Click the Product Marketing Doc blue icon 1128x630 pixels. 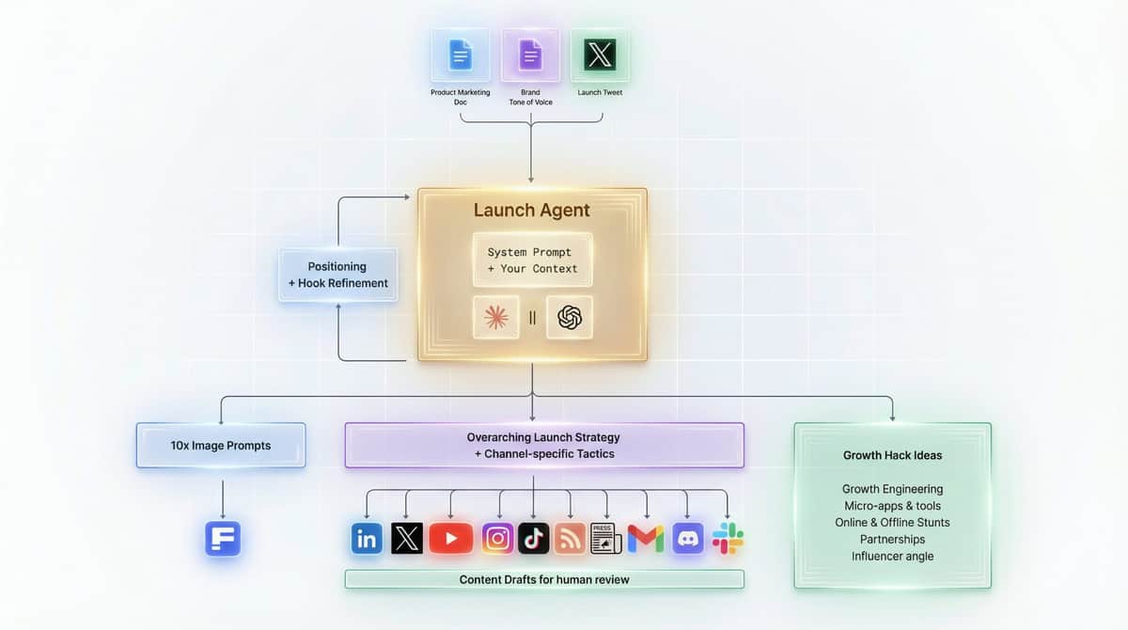pos(460,55)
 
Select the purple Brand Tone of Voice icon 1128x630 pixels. pos(530,55)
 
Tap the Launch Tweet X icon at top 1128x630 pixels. pos(600,55)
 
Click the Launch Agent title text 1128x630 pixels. pos(532,210)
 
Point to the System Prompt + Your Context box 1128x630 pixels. pos(532,260)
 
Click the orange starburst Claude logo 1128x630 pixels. pos(495,318)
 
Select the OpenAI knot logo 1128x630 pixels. pos(570,318)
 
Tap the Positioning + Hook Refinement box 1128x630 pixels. pos(337,275)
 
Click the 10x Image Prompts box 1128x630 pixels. pos(221,445)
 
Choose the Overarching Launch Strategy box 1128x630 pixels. pos(543,445)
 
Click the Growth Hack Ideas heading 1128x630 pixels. pos(892,455)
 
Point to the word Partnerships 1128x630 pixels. pos(892,539)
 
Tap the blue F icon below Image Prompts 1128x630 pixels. pos(223,539)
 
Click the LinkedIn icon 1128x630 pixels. pos(367,539)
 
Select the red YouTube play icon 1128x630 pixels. pos(451,539)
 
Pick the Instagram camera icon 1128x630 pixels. pos(498,539)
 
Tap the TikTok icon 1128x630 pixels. pos(534,539)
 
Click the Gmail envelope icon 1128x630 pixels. pos(646,539)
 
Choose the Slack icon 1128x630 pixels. pos(728,539)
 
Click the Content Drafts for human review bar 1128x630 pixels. pos(543,579)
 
